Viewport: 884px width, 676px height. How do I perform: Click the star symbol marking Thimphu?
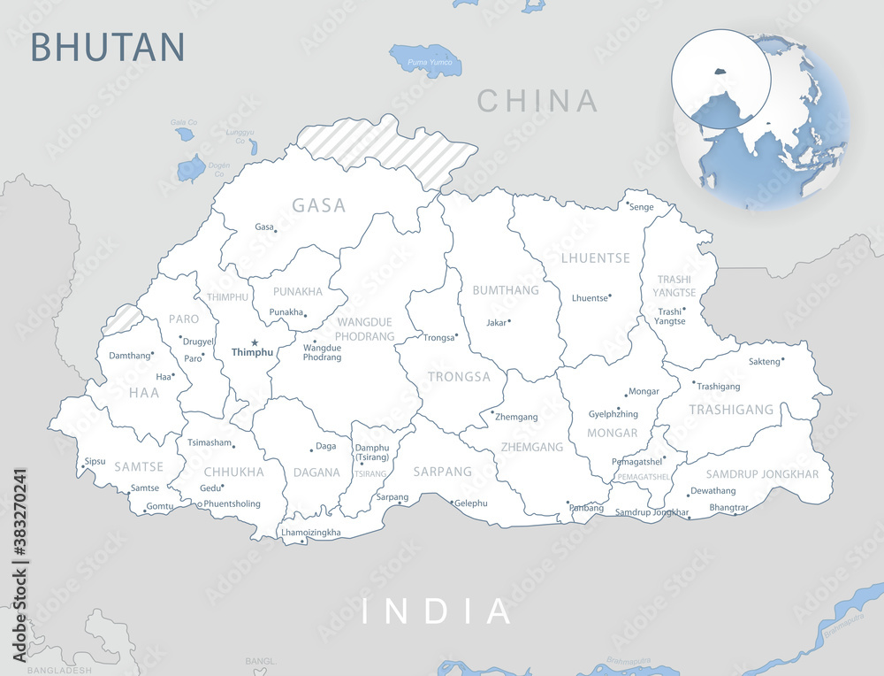pyautogui.click(x=255, y=342)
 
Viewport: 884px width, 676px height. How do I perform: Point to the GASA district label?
pyautogui.click(x=319, y=205)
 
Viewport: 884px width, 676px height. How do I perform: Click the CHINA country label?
pyautogui.click(x=537, y=101)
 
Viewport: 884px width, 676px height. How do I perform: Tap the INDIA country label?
pyautogui.click(x=438, y=611)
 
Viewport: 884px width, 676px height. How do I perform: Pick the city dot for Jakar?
pyautogui.click(x=509, y=321)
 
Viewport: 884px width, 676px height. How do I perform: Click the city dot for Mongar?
pyautogui.click(x=626, y=394)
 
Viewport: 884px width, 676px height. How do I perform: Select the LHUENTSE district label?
pyautogui.click(x=596, y=258)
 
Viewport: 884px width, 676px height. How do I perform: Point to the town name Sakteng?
pyautogui.click(x=765, y=361)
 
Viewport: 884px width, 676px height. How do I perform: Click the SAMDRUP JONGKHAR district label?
pyautogui.click(x=762, y=474)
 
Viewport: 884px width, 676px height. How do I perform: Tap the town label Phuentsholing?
pyautogui.click(x=232, y=503)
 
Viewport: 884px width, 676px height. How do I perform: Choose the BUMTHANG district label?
pyautogui.click(x=506, y=290)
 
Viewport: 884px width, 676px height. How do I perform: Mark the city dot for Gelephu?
pyautogui.click(x=453, y=503)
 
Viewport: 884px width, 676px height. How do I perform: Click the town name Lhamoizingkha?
pyautogui.click(x=310, y=533)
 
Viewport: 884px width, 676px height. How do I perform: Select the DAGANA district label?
pyautogui.click(x=316, y=472)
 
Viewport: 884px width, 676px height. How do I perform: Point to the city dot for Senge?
pyautogui.click(x=628, y=204)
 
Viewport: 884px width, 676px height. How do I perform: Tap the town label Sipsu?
pyautogui.click(x=95, y=462)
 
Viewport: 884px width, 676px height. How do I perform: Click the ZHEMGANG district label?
pyautogui.click(x=532, y=447)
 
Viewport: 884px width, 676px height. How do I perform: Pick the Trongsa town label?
pyautogui.click(x=438, y=337)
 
